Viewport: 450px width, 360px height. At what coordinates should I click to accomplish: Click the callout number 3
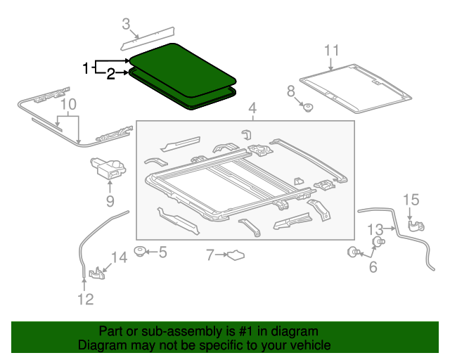coord(126,25)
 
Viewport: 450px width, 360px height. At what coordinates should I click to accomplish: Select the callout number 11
coord(331,50)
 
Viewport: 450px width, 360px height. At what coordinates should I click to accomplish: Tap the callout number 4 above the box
coord(252,109)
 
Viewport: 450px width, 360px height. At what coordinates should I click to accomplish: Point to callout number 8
coord(290,91)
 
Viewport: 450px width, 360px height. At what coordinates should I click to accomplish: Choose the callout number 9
coord(110,202)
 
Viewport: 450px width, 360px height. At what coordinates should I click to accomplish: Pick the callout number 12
coord(84,300)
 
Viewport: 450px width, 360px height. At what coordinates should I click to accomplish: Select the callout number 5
coord(162,252)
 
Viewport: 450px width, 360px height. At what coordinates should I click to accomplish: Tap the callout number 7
coord(210,255)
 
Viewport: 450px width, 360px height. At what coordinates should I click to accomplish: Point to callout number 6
coord(373,266)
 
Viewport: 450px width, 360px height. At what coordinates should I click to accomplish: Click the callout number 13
coord(375,229)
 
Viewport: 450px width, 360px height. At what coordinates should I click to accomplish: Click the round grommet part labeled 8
coord(307,107)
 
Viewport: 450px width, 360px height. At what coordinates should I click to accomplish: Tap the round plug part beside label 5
coord(141,250)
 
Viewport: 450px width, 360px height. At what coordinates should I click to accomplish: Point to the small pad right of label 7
coord(236,255)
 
